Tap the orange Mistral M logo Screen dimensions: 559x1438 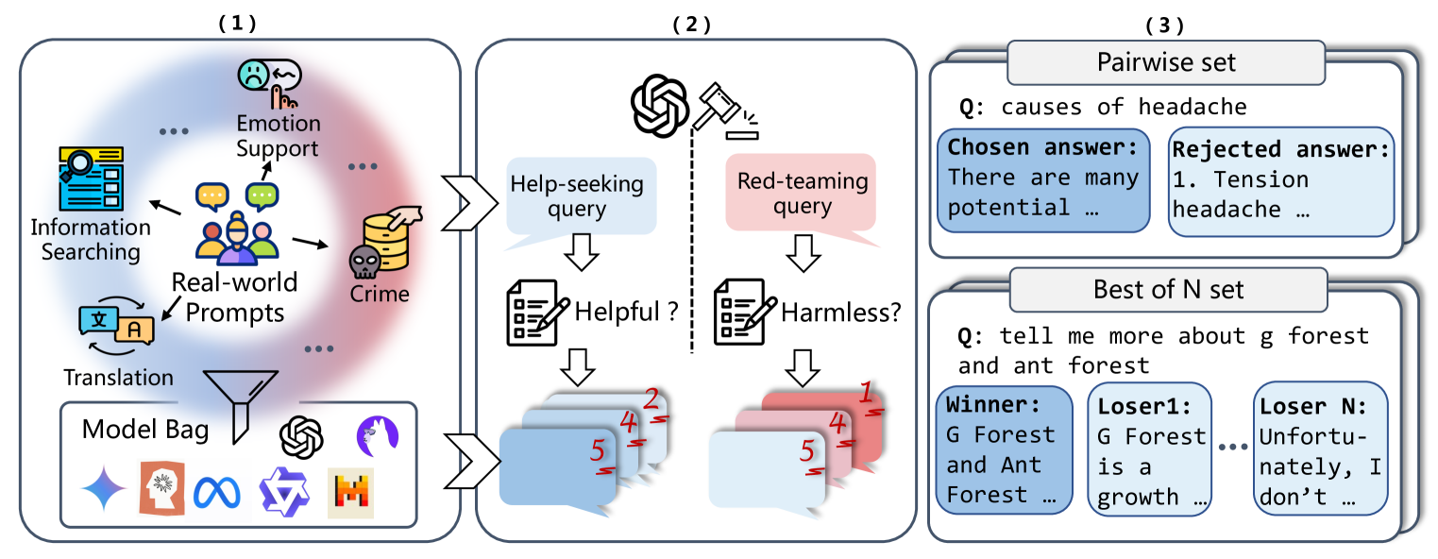(350, 492)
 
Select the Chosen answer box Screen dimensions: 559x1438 (1042, 179)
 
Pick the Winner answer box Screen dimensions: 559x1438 (1004, 449)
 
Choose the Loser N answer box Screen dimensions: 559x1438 (1320, 449)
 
